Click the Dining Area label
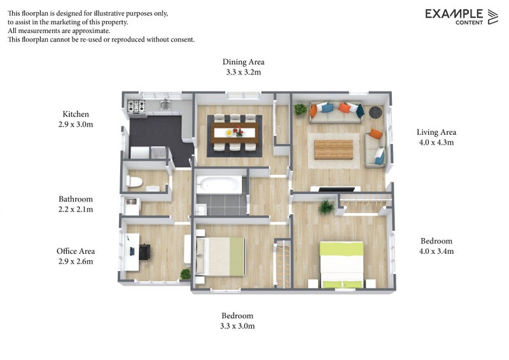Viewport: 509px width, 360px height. tap(243, 62)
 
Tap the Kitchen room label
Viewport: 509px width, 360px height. tap(76, 114)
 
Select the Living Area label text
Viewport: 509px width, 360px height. tap(436, 132)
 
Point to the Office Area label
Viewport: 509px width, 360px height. tap(76, 251)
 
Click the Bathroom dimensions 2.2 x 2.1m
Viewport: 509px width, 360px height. tap(76, 209)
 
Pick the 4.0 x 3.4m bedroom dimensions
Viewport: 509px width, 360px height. tap(436, 251)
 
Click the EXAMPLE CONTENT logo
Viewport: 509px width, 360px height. tap(461, 17)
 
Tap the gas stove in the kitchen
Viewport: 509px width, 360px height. tap(136, 106)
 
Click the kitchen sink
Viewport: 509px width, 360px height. tap(165, 104)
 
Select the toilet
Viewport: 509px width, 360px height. tap(134, 181)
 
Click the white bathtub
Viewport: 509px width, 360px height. tap(219, 184)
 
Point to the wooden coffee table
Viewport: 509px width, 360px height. tap(333, 149)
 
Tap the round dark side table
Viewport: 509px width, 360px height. tap(375, 113)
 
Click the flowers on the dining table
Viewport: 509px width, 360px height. tap(239, 131)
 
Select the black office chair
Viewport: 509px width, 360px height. tap(145, 252)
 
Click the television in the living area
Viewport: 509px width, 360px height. tap(336, 190)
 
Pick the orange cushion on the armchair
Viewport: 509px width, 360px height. tap(376, 134)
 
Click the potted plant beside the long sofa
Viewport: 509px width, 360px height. tap(300, 109)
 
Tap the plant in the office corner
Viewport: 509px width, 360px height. tap(186, 274)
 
